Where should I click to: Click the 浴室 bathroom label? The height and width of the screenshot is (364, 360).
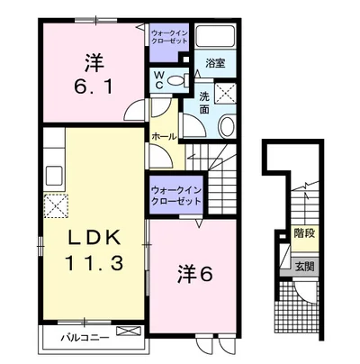215,63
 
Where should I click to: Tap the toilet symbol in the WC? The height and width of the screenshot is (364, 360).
177,80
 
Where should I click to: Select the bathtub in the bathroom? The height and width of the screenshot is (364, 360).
215,37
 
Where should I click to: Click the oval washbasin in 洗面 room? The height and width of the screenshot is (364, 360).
227,126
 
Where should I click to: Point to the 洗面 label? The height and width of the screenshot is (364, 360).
204,103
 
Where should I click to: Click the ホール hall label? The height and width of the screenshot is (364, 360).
165,137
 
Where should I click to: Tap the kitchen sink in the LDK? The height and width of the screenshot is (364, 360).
55,176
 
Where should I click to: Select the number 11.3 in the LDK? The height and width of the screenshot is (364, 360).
94,263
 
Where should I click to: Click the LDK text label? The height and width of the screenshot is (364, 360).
94,239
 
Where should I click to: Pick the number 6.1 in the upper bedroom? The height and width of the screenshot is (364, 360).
94,87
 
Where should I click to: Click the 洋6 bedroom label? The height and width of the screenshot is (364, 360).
195,274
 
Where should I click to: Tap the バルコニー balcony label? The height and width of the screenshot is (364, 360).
85,338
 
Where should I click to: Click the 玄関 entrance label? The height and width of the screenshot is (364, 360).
305,267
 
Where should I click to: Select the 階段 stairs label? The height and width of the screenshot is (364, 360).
305,233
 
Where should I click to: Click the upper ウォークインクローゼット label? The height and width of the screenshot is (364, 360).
169,37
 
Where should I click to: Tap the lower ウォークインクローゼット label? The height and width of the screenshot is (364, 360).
176,196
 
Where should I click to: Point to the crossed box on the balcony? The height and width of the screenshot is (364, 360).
128,331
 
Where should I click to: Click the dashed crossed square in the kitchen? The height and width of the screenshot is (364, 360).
56,205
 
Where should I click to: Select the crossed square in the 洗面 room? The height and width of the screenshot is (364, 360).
225,92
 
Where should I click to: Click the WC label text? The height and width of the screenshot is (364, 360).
159,80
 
